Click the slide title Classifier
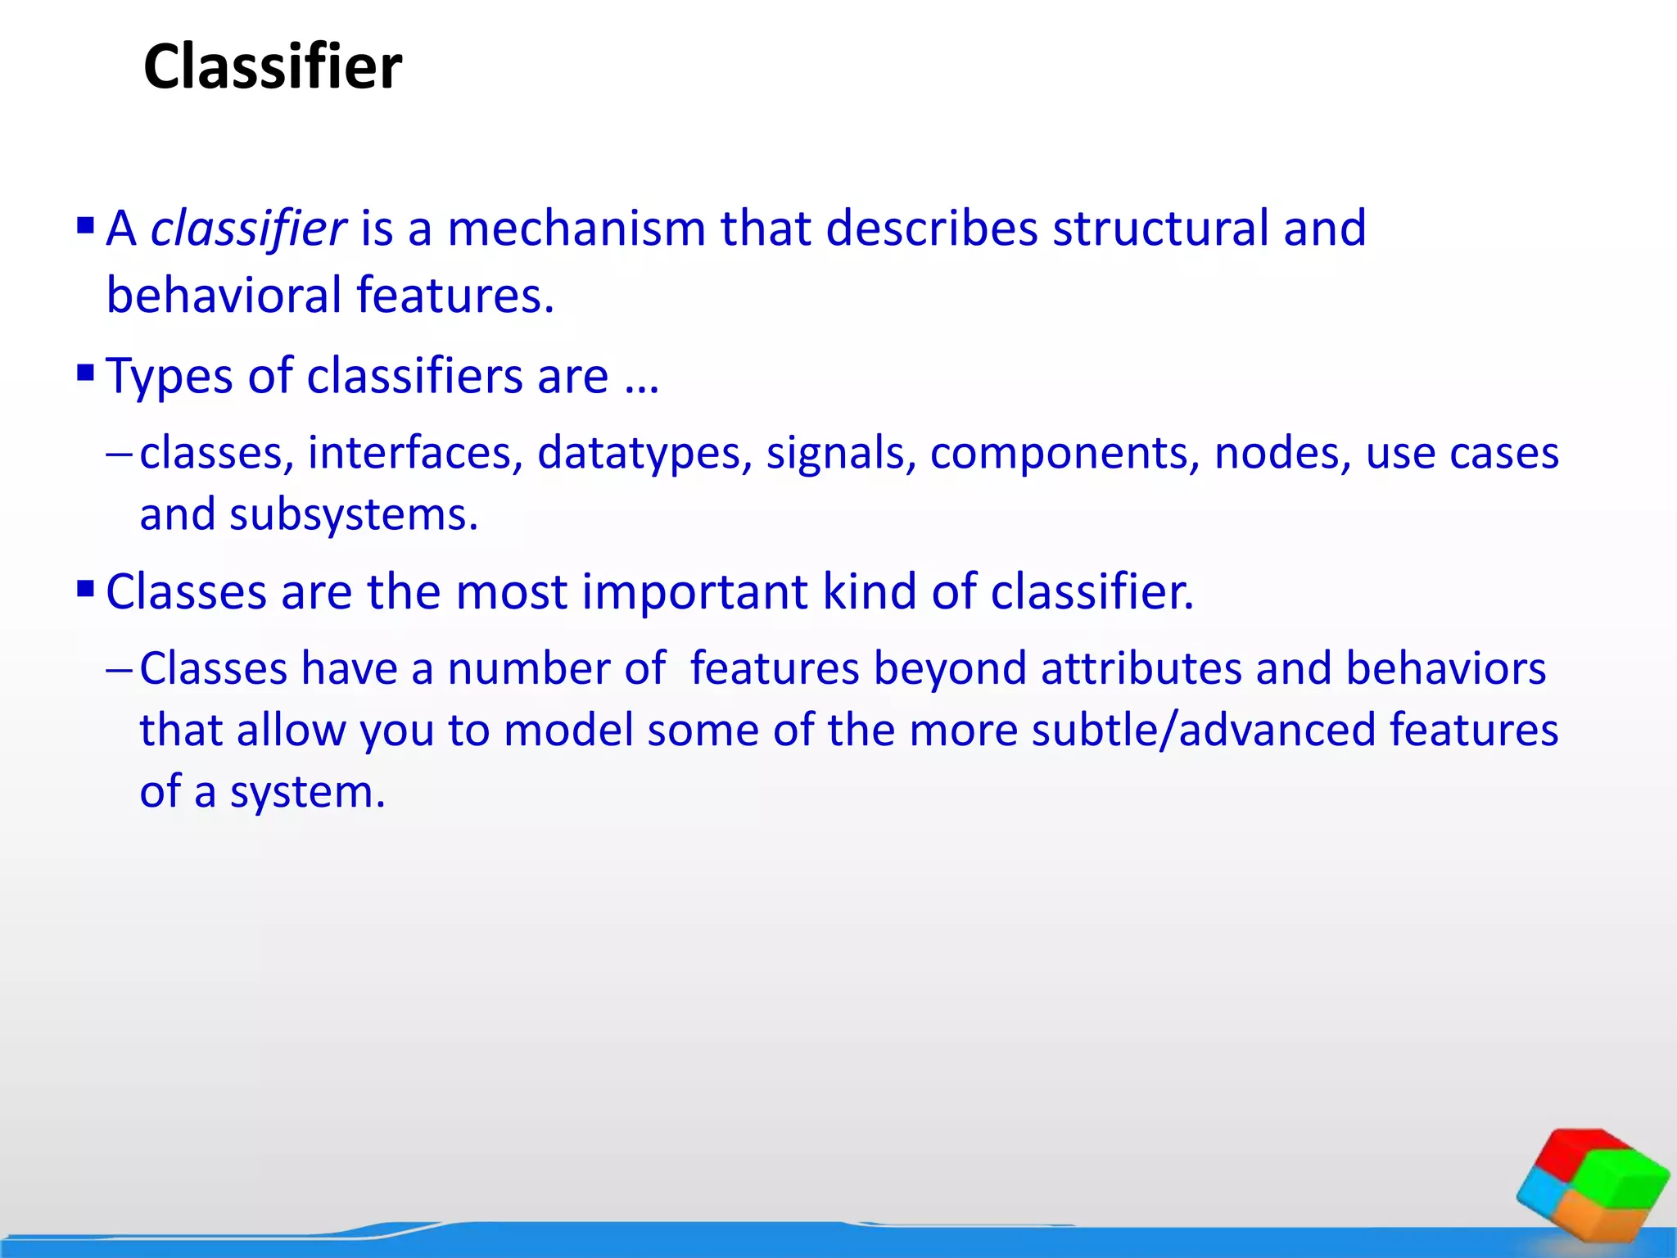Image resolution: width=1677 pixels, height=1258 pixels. pos(273,67)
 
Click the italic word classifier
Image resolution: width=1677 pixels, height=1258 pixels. pos(248,229)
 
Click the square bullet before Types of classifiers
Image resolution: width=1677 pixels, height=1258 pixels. pos(85,373)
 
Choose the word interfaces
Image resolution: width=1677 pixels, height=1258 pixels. pos(415,453)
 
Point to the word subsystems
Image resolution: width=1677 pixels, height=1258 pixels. pos(353,515)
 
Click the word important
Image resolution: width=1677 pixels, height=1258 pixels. pos(694,591)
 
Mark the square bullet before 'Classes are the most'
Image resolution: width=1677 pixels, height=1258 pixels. pos(85,588)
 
